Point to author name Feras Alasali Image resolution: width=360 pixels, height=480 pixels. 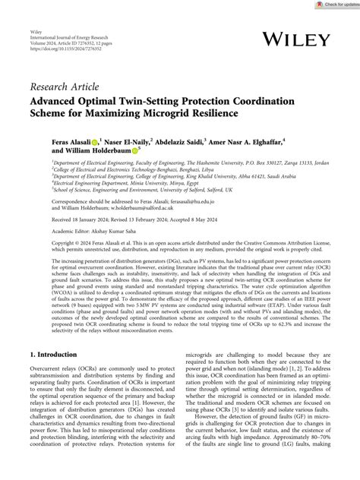(77, 142)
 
